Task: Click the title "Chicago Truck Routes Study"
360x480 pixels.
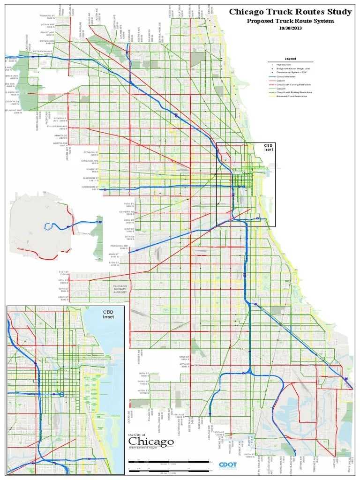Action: pyautogui.click(x=290, y=12)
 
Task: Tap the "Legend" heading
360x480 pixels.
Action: pyautogui.click(x=291, y=59)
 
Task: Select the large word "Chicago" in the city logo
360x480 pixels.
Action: pyautogui.click(x=151, y=442)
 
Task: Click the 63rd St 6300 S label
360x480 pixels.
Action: pyautogui.click(x=63, y=298)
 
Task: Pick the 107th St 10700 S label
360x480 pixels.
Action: pyautogui.click(x=143, y=390)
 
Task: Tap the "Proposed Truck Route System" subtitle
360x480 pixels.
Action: pyautogui.click(x=291, y=21)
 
